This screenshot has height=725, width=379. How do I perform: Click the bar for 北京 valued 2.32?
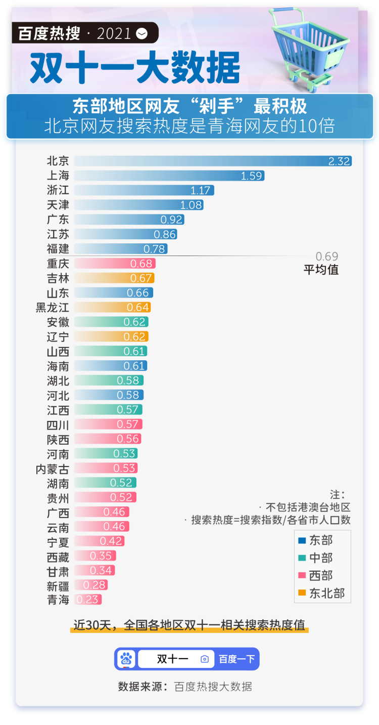click(212, 161)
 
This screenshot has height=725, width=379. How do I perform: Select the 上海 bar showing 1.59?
click(169, 176)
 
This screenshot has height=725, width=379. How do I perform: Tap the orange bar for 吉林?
click(114, 278)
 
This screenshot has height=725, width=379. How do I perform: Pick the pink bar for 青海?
click(88, 600)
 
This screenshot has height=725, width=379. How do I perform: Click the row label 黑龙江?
click(53, 308)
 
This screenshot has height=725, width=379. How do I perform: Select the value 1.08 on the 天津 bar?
click(191, 205)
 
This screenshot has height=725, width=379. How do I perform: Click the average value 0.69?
click(327, 257)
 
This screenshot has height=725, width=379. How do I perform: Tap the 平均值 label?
click(321, 270)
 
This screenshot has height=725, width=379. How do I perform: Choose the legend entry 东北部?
click(326, 593)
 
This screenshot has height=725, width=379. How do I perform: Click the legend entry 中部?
click(321, 558)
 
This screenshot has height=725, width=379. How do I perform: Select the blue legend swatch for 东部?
click(302, 540)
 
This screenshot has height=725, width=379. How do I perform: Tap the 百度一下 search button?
click(236, 659)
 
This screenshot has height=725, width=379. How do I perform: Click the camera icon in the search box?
click(205, 659)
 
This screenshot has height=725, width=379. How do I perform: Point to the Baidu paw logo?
click(126, 659)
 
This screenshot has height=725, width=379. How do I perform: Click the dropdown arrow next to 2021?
click(143, 33)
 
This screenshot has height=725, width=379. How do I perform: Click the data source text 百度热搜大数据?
click(213, 687)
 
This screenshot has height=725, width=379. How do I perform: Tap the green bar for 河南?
click(106, 454)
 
